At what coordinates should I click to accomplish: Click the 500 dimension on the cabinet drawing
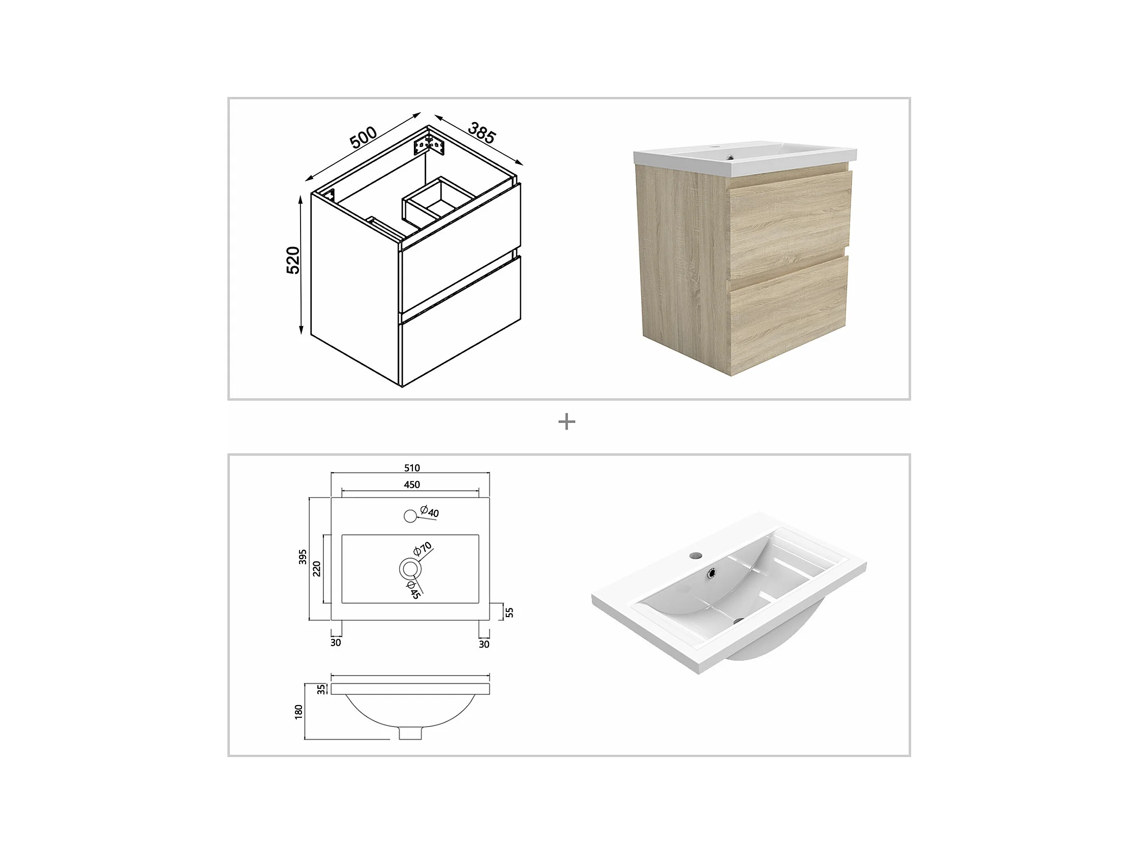[363, 137]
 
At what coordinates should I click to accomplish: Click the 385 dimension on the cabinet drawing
[482, 133]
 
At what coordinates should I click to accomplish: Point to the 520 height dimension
[293, 260]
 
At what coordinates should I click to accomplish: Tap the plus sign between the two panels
[566, 422]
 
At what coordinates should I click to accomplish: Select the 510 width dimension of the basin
[412, 468]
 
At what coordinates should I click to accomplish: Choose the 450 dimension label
[412, 484]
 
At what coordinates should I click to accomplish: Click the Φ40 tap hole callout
[430, 512]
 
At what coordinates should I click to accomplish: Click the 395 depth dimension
[303, 557]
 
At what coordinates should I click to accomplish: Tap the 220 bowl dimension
[317, 569]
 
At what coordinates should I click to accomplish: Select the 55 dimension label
[509, 613]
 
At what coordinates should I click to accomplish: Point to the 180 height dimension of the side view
[298, 712]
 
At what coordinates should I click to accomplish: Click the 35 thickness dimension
[321, 689]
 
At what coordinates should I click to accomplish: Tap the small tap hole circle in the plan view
[410, 516]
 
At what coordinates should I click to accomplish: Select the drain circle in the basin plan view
[410, 569]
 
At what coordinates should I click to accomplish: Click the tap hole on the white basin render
[696, 556]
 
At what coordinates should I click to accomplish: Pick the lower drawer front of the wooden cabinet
[788, 314]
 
